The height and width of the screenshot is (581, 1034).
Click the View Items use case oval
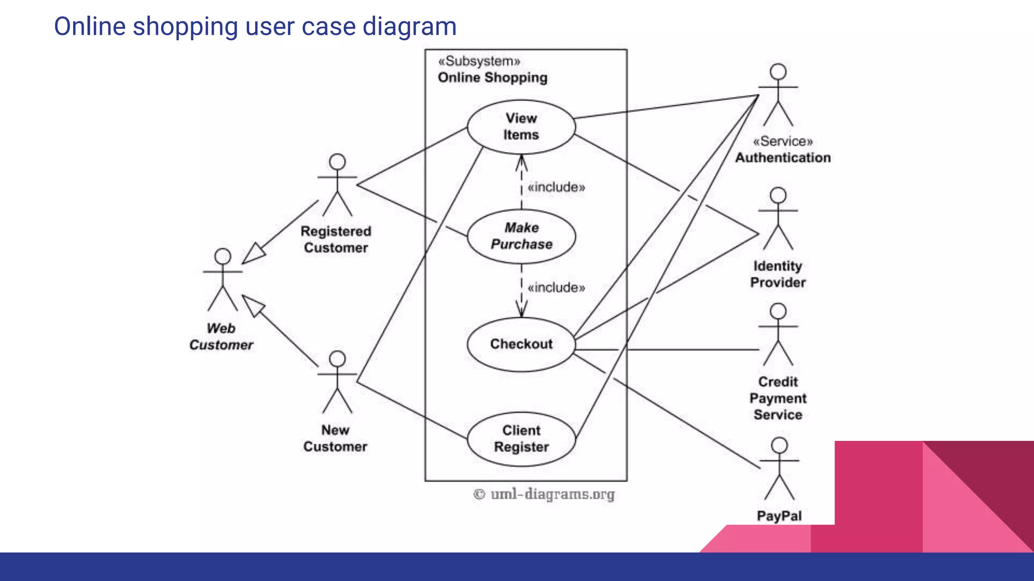(x=521, y=127)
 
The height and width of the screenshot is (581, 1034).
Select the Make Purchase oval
(x=521, y=236)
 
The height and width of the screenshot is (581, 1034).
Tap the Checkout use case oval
(x=521, y=344)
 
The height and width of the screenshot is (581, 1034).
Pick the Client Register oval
(x=521, y=439)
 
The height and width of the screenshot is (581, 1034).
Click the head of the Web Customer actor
(x=223, y=256)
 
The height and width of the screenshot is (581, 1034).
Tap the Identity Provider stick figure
(x=778, y=219)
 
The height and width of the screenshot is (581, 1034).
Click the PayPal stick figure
(x=780, y=469)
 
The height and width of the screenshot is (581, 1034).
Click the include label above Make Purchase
(x=556, y=188)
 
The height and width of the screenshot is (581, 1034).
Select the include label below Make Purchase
(x=556, y=288)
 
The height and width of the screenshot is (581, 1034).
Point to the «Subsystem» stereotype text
(x=479, y=62)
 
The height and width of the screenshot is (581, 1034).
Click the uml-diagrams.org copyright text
(x=544, y=494)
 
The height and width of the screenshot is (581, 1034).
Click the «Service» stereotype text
(x=783, y=142)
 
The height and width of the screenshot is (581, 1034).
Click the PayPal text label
(x=779, y=516)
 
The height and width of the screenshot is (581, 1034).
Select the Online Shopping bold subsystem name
(x=492, y=78)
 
